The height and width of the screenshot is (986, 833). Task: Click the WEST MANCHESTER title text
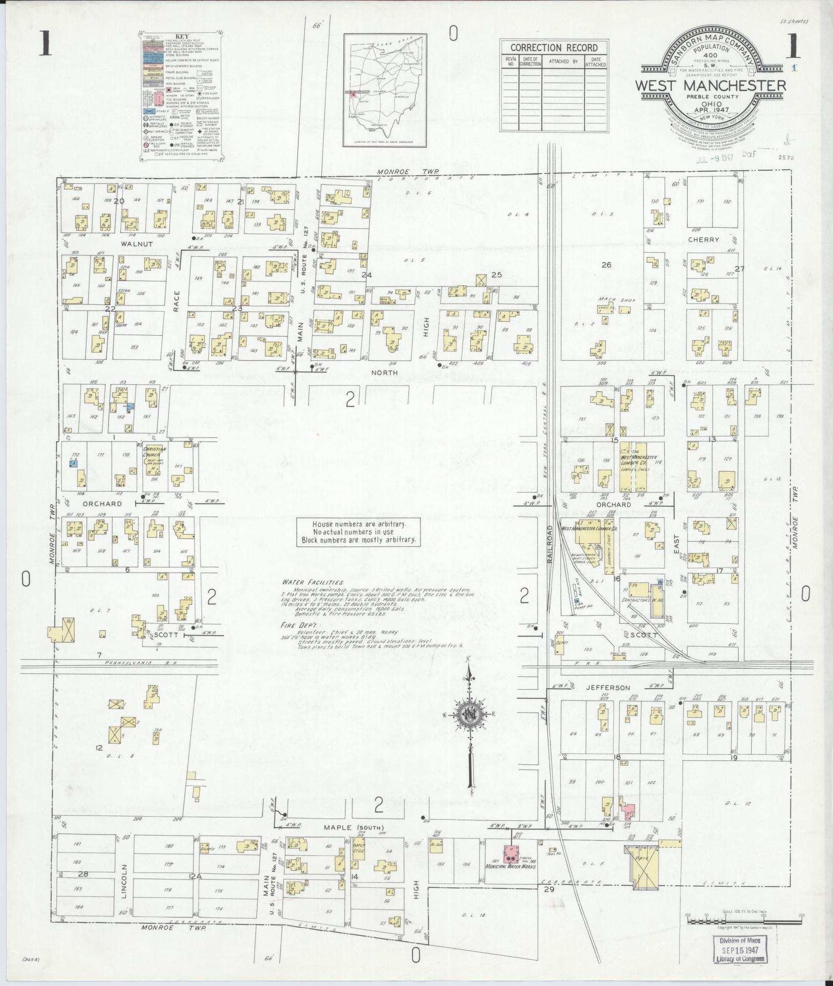[x=711, y=85]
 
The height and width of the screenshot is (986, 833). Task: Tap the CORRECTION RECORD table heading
[x=554, y=48]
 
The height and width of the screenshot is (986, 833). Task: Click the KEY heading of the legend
[x=182, y=36]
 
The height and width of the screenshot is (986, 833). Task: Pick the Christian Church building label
[x=155, y=452]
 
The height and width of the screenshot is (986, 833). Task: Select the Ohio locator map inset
[x=385, y=90]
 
